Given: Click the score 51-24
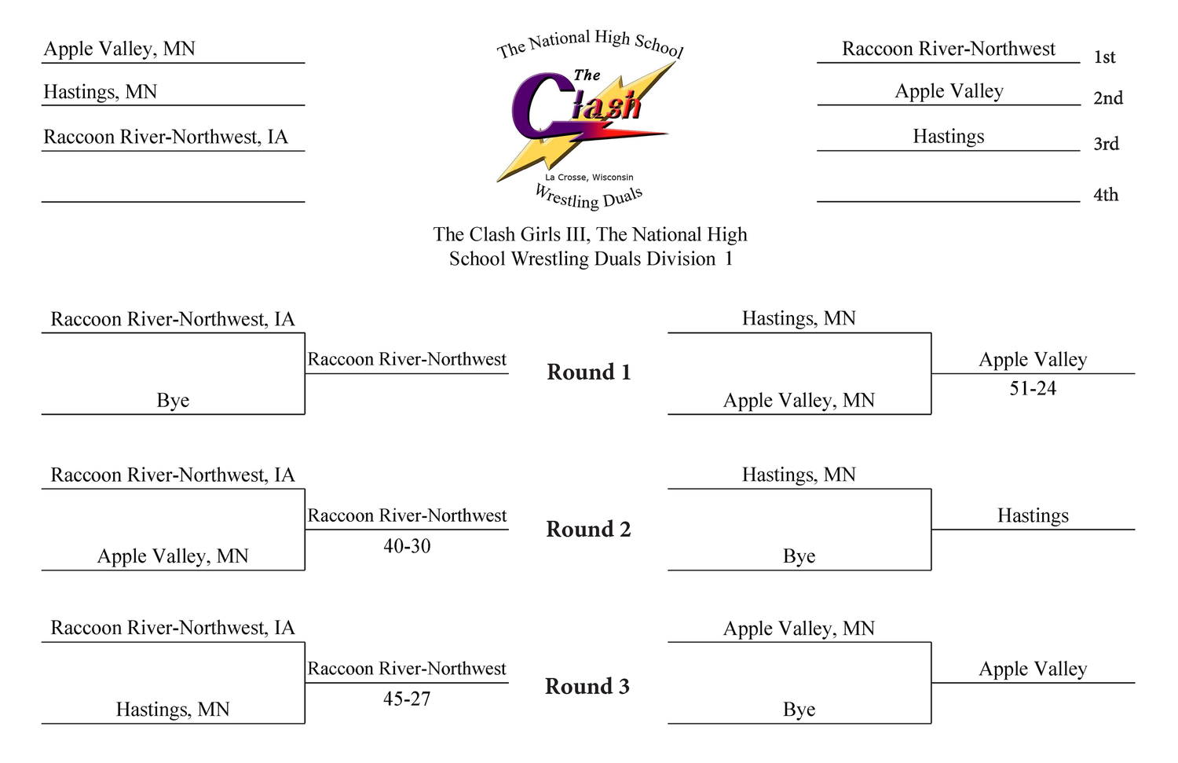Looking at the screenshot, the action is [x=1033, y=388].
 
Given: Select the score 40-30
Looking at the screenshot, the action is [x=407, y=545].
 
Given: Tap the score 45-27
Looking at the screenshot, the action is [x=407, y=699].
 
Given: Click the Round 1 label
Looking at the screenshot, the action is [x=588, y=372].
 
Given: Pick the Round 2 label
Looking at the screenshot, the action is [x=588, y=529].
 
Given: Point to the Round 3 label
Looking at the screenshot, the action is [x=587, y=686].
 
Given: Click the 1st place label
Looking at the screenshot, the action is [x=1104, y=57].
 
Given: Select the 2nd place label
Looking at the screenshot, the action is [x=1108, y=98].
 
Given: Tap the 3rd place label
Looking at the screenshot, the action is [x=1106, y=144].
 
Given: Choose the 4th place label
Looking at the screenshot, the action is [x=1106, y=195].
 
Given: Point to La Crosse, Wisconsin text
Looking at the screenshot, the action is [x=589, y=178].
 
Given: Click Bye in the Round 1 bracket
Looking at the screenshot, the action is [x=173, y=401].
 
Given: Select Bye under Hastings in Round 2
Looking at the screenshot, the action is [x=799, y=556].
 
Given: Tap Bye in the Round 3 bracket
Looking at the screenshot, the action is [x=799, y=710].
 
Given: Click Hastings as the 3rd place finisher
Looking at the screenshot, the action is [x=948, y=136].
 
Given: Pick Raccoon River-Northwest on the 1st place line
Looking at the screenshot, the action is [x=948, y=49].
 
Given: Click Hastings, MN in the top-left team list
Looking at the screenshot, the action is [x=100, y=92].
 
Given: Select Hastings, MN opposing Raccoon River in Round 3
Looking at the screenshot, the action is [x=173, y=710].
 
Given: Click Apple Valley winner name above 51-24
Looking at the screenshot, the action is [x=1033, y=359].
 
